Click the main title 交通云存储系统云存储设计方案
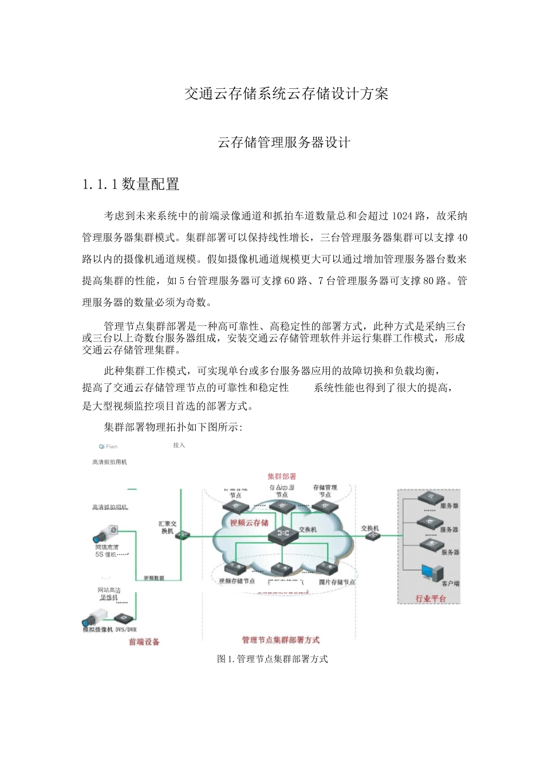[286, 94]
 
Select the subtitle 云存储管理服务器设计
[284, 143]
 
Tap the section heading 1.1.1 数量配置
[131, 184]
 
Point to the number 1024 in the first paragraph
[403, 216]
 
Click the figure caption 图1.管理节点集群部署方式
[273, 659]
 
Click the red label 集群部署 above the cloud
[282, 476]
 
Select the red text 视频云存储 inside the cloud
[249, 523]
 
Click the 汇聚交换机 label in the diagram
[167, 527]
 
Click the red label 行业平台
[430, 599]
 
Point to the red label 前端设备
[144, 642]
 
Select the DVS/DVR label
[126, 630]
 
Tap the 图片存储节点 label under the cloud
[337, 582]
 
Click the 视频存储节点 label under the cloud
[236, 581]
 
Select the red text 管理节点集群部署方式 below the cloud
[281, 640]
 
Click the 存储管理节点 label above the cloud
[325, 491]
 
